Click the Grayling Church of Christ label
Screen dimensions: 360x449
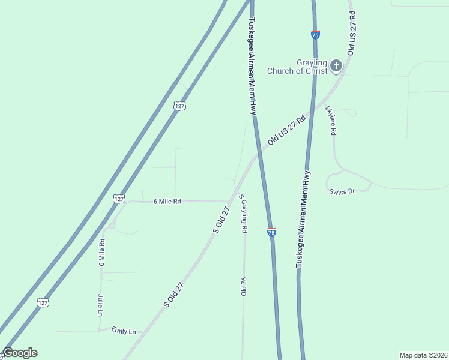coord(312,67)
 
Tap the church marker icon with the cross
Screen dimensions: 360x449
coord(336,65)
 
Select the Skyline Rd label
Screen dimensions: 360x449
coord(330,121)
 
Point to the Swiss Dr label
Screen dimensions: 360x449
coord(342,191)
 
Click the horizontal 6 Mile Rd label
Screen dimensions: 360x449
coord(167,202)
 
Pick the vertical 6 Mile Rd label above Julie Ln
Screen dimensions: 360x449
coord(102,252)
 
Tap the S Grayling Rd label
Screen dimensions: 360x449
coord(243,214)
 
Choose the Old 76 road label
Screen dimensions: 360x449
coord(244,287)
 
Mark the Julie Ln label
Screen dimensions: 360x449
coord(100,305)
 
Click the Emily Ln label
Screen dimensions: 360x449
coord(124,331)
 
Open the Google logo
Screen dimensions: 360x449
coord(20,353)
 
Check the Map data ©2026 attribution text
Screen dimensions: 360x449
coord(423,355)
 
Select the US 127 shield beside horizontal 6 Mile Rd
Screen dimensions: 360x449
coord(119,199)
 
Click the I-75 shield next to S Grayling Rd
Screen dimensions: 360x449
coord(271,232)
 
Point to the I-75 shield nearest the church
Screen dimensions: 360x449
coord(315,35)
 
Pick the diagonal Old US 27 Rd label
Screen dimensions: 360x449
coord(287,130)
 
